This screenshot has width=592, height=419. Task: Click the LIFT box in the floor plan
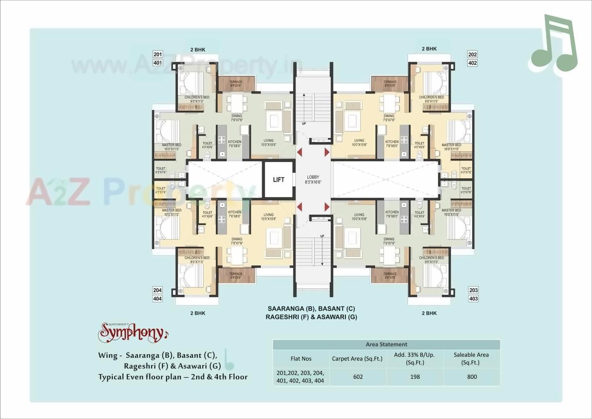(x=278, y=180)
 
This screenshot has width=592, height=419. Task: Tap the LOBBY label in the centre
(x=313, y=177)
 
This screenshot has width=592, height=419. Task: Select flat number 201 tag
(x=158, y=54)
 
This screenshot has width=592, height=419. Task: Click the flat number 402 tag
(x=472, y=63)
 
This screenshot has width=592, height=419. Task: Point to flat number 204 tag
(x=158, y=290)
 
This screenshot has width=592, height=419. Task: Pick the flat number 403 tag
(x=473, y=299)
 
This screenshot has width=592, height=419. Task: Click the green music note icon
(x=554, y=44)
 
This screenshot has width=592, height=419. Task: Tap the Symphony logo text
(x=131, y=332)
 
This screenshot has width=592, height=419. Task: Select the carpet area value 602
(x=358, y=377)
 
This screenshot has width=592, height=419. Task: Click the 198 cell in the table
(x=415, y=377)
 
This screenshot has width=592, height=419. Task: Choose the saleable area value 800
(x=472, y=377)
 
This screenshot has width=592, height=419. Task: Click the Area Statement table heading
(x=386, y=344)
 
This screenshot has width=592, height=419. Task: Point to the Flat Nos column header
(x=301, y=358)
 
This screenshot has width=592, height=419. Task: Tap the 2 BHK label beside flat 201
(x=197, y=49)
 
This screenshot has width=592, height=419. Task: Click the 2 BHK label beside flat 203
(x=429, y=313)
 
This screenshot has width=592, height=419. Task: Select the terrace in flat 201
(x=236, y=83)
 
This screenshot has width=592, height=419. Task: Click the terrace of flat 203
(x=389, y=275)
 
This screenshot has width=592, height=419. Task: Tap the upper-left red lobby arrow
(x=300, y=152)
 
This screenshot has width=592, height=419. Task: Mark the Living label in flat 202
(x=359, y=141)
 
